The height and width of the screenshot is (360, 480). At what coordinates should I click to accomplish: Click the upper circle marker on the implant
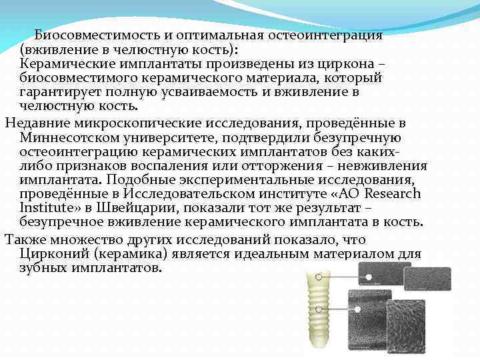click(x=320, y=276)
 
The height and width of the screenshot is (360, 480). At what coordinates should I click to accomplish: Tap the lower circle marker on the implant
click(x=321, y=309)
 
